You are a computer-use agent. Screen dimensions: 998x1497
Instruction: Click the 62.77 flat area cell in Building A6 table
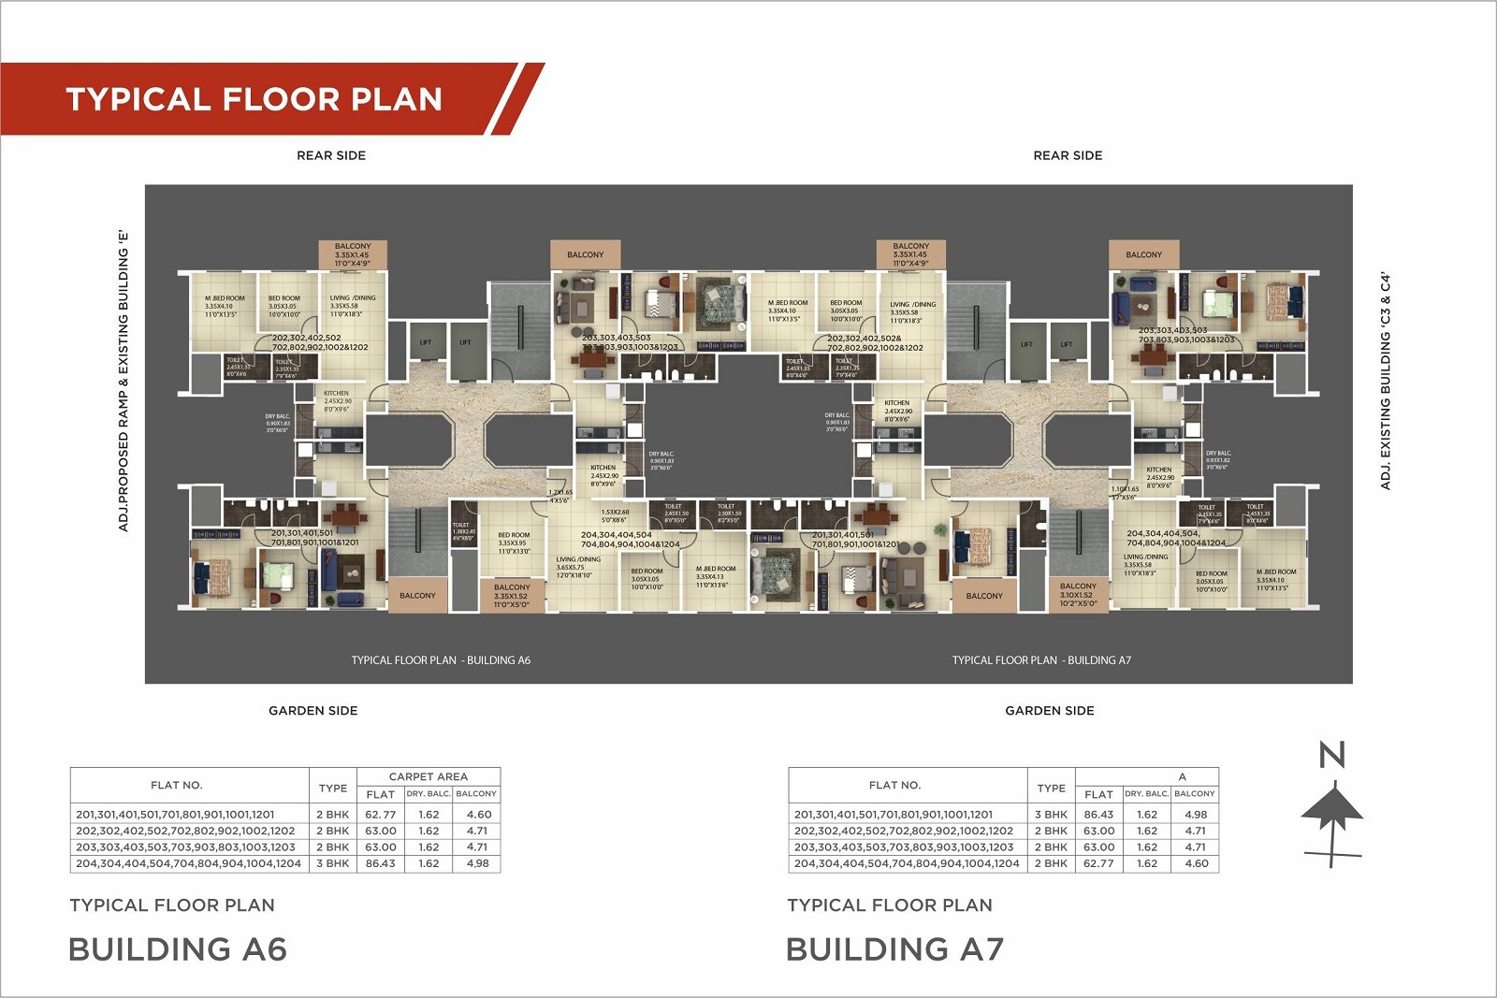pos(380,815)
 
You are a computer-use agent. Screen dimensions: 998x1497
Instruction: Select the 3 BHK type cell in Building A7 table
pos(1051,815)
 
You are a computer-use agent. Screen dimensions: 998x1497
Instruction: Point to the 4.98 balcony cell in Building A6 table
pos(477,863)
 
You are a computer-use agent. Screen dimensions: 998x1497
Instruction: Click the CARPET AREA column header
pos(428,776)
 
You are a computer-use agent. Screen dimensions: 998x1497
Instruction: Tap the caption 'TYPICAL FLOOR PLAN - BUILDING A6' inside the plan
pos(441,660)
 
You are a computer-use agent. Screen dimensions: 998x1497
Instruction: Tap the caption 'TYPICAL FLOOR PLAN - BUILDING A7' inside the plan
pos(1041,660)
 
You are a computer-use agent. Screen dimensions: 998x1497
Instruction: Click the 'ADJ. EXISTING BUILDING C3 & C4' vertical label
pos(1386,381)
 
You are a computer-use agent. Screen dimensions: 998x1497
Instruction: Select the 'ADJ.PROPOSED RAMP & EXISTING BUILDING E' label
pos(123,381)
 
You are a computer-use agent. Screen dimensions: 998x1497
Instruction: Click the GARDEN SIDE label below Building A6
pos(312,711)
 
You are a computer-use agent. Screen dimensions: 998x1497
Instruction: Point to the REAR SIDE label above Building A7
pos(1068,155)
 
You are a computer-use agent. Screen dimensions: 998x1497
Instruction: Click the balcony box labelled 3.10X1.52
pos(1078,595)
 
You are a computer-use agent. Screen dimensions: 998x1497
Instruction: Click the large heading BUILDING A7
pos(894,949)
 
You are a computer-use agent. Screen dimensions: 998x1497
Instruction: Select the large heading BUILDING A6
pos(178,949)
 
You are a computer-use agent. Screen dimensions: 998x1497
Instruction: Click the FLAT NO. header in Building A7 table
pos(894,786)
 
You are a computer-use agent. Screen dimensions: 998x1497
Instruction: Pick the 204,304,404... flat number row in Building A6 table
pos(188,863)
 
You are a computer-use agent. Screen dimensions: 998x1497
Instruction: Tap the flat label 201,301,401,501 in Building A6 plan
pos(301,533)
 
